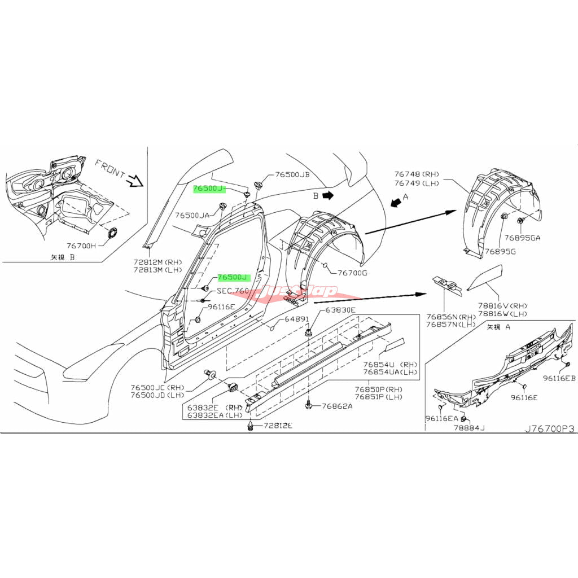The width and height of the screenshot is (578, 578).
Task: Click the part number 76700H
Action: [82, 246]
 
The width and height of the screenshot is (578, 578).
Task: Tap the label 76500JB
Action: [293, 175]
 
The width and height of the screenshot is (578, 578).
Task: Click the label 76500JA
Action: [192, 215]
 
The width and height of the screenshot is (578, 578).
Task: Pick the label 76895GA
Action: [523, 238]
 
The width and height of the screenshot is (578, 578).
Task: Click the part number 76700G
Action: [352, 273]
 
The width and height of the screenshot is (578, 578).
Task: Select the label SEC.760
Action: [233, 291]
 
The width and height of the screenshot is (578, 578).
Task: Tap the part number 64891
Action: [296, 319]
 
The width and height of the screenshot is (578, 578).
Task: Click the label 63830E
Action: [340, 310]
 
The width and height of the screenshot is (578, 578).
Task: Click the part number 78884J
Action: [469, 428]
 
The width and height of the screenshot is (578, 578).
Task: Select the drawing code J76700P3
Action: [549, 429]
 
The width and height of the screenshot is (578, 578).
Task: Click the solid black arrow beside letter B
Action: [330, 195]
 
